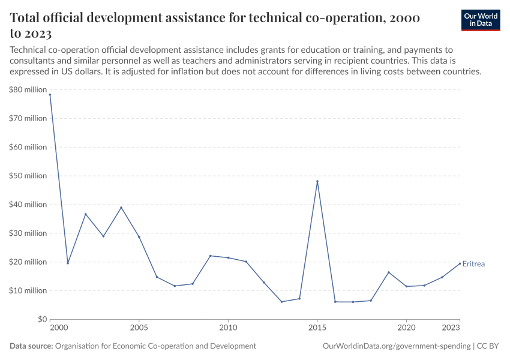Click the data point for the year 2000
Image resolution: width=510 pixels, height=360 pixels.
(x=50, y=95)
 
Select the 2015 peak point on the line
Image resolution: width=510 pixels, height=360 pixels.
(x=317, y=181)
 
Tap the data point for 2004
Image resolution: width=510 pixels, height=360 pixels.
(x=121, y=208)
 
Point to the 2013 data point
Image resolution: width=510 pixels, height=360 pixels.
(x=281, y=302)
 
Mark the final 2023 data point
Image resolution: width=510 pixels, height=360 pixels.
(x=460, y=263)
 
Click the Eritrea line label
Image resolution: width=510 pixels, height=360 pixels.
(x=473, y=264)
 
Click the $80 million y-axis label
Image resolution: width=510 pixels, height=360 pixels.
(x=28, y=90)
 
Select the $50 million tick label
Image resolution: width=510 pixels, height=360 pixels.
(x=28, y=176)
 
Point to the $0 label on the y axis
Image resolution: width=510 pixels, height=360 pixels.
(x=41, y=319)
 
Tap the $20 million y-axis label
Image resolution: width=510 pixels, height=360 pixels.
(x=28, y=262)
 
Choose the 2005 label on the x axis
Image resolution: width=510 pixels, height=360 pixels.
(x=139, y=328)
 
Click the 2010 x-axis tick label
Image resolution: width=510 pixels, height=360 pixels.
(x=228, y=328)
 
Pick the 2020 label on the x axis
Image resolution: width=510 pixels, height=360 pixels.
(x=406, y=328)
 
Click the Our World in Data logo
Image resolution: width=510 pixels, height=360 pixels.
(x=480, y=20)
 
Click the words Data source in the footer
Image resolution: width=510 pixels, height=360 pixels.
(x=31, y=346)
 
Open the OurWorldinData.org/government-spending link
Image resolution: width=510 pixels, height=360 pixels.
(x=396, y=346)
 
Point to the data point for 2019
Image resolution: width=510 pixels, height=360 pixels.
(x=389, y=272)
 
